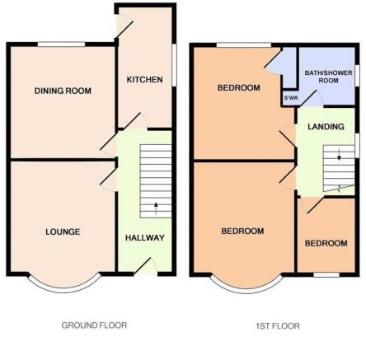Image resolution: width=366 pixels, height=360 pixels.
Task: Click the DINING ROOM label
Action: [x=63, y=91]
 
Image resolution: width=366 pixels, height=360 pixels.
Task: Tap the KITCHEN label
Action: [x=144, y=80]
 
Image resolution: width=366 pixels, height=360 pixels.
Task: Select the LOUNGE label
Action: [x=63, y=231]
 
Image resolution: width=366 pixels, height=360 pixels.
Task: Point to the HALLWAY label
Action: [x=145, y=237]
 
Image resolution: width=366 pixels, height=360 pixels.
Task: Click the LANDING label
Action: [x=326, y=127]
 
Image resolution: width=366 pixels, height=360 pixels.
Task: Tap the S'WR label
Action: [x=291, y=98]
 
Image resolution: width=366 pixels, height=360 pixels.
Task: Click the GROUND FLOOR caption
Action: [x=94, y=325]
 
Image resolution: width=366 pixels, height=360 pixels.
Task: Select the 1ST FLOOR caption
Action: [x=278, y=326]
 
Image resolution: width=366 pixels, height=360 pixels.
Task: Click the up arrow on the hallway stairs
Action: [x=156, y=208]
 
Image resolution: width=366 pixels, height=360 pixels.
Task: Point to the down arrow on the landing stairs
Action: [x=339, y=154]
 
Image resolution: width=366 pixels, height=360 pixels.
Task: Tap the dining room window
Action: [x=62, y=44]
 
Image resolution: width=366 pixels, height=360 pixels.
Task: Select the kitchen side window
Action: [x=174, y=65]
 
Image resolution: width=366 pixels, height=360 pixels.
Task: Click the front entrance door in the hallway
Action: [x=145, y=267]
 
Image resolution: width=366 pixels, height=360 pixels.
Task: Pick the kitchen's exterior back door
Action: [x=124, y=26]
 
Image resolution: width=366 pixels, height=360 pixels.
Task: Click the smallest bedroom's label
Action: [x=326, y=243]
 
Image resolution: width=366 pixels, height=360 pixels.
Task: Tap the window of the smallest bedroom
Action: [x=326, y=274]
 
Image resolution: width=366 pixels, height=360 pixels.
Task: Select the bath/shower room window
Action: [x=357, y=76]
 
